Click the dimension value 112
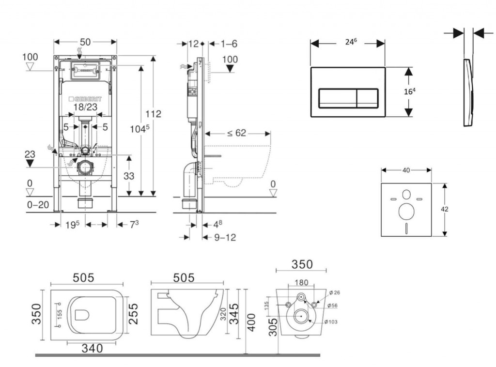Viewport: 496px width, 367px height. tap(154, 114)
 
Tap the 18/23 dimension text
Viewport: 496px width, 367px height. tap(86, 107)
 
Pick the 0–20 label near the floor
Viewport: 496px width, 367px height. tap(38, 204)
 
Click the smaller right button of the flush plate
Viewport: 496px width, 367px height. tap(367, 98)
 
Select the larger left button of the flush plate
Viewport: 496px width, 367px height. tap(337, 98)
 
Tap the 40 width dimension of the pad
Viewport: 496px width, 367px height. tap(406, 170)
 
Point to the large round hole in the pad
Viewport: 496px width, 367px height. tap(406, 212)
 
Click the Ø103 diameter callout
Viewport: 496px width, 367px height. tap(332, 322)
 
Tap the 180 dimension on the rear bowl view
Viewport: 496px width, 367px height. tap(301, 282)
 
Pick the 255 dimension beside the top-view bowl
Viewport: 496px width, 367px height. tap(134, 315)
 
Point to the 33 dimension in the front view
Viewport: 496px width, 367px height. tap(128, 176)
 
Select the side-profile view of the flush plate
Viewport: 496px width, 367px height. tap(468, 92)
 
